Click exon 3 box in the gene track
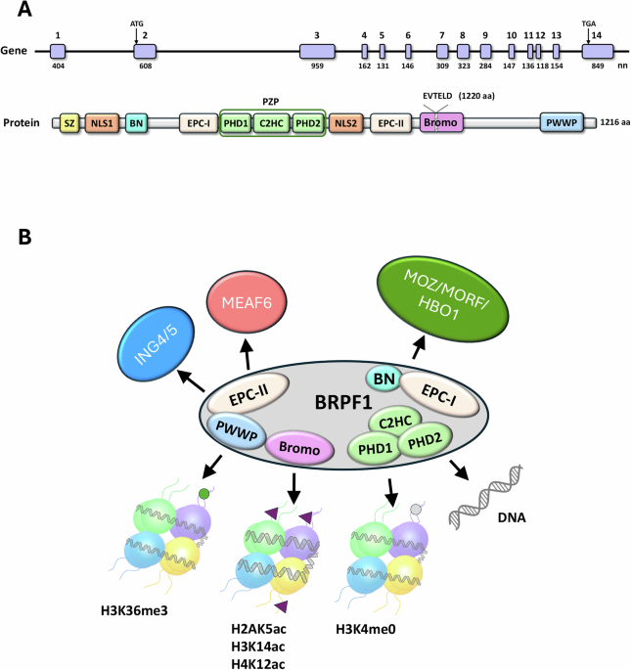(317, 50)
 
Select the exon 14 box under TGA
(596, 50)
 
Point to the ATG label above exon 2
(136, 22)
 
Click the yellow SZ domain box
(69, 125)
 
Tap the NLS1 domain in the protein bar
(101, 125)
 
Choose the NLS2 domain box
(345, 125)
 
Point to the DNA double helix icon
(492, 492)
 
